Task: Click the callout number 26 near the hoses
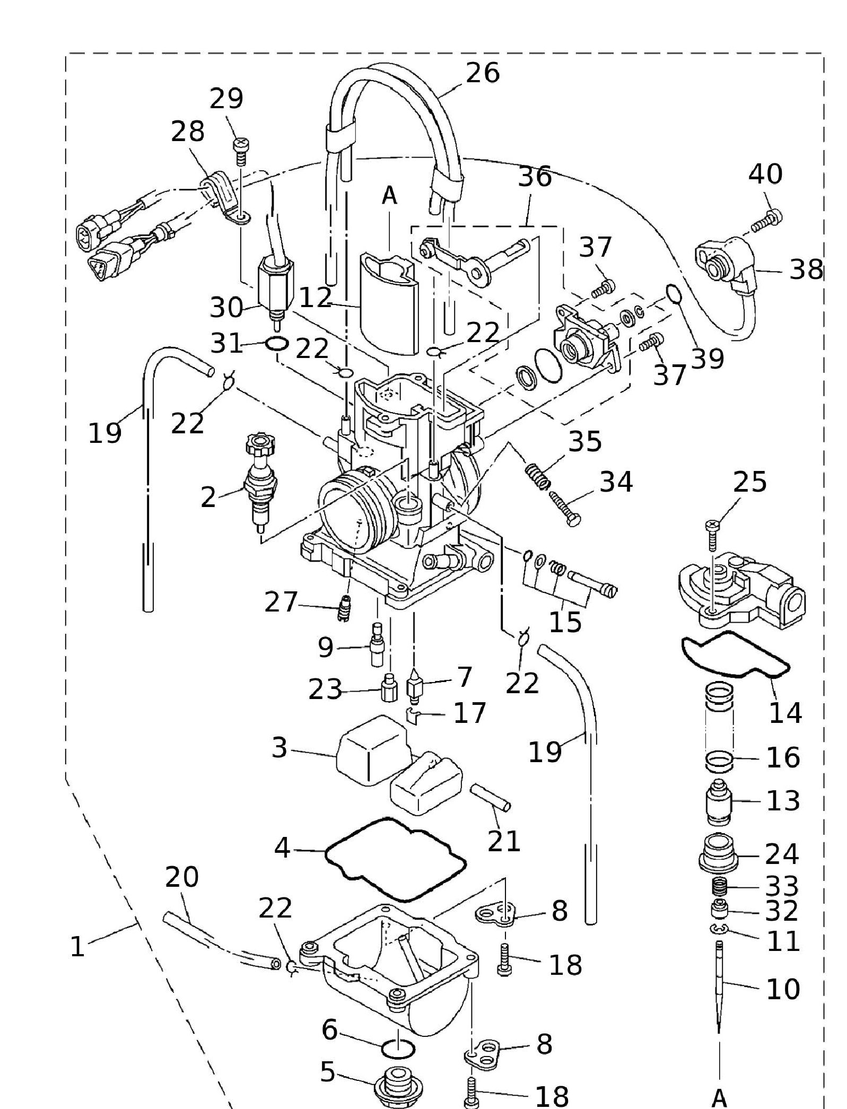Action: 482,73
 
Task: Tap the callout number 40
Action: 765,174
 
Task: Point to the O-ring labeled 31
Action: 276,344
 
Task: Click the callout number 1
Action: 77,947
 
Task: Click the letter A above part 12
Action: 389,196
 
